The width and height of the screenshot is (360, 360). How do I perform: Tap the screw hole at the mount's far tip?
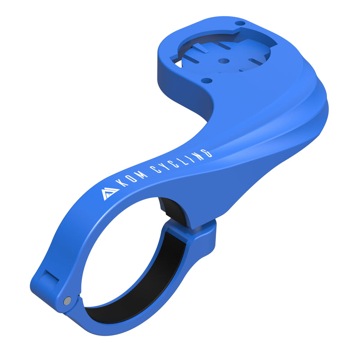pos(241,22)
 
